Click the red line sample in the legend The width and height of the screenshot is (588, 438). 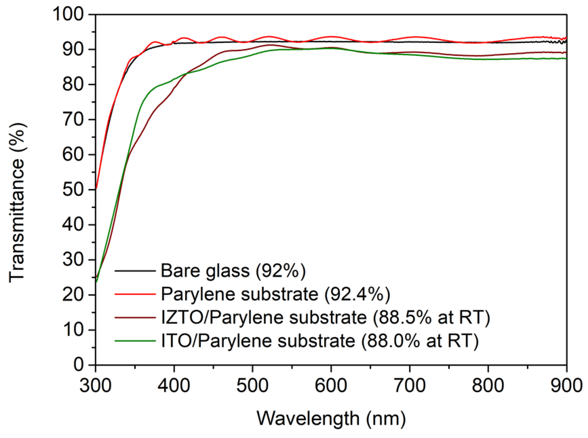[x=135, y=294]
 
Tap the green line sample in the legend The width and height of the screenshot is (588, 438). [x=135, y=341]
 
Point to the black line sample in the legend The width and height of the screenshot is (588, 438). [x=135, y=271]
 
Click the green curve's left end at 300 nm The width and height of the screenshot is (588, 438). [x=96, y=282]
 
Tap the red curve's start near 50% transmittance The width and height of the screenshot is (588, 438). [x=96, y=188]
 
